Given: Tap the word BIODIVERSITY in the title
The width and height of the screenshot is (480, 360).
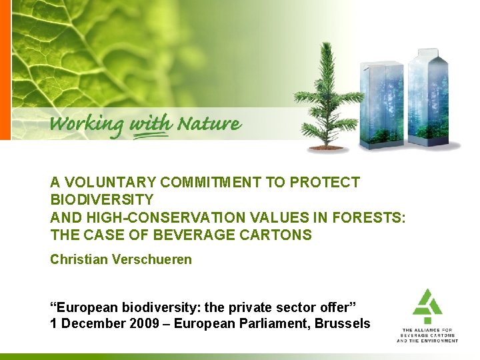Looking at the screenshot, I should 102,199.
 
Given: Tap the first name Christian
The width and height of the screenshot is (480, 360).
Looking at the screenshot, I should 77,259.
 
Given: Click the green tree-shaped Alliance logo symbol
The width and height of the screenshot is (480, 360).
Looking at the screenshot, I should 427,306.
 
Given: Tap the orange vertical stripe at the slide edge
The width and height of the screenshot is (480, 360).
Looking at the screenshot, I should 5,70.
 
